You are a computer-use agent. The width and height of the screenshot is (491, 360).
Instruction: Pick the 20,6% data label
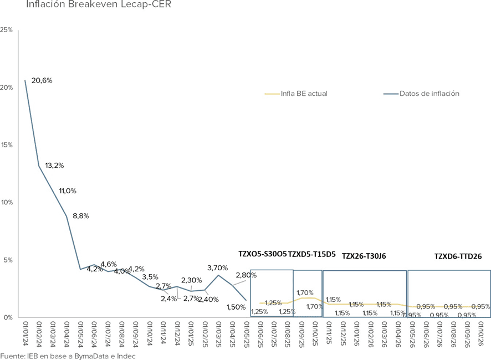pos(42,80)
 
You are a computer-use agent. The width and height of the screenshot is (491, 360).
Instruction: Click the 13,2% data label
pos(55,166)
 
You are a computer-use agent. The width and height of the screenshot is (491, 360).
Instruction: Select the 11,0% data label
pos(68,191)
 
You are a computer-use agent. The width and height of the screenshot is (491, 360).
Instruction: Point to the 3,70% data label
pos(217,268)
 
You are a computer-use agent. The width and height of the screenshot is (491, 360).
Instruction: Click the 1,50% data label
pos(236,307)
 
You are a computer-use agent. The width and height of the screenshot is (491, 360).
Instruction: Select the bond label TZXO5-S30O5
pos(262,254)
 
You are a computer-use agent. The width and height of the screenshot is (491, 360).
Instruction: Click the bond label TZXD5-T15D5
pos(312,254)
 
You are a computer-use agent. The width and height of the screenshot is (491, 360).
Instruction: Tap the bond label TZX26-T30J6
pos(364,256)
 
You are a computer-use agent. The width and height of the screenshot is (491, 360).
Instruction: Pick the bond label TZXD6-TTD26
pos(458,256)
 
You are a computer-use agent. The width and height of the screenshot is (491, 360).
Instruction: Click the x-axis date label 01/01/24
pos(25,333)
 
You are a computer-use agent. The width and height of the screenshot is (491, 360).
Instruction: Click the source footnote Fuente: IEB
pos(68,356)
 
